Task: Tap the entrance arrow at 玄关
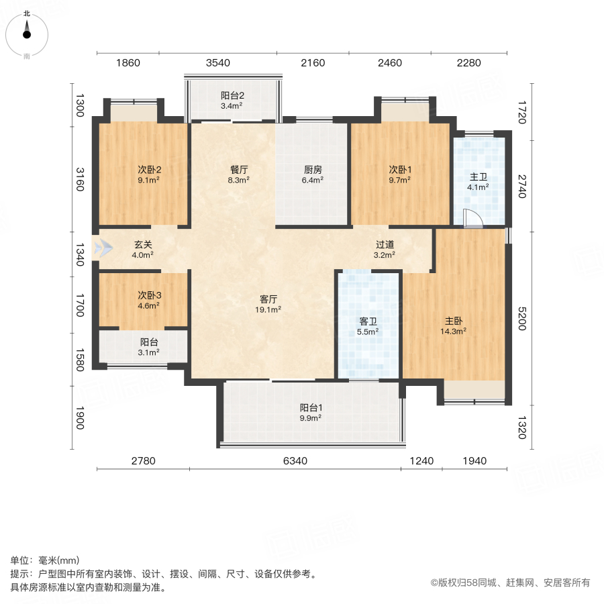(103, 248)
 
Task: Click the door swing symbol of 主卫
(472, 219)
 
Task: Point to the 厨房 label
(313, 174)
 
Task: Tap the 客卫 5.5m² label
(368, 326)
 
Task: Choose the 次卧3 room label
(149, 300)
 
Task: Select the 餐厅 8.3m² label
(239, 174)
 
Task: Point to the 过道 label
(385, 250)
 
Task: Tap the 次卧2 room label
(149, 174)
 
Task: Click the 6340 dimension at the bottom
(295, 461)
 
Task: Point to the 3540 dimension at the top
(218, 63)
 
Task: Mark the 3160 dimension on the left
(80, 179)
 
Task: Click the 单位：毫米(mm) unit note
(44, 560)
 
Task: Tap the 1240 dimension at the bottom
(422, 461)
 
